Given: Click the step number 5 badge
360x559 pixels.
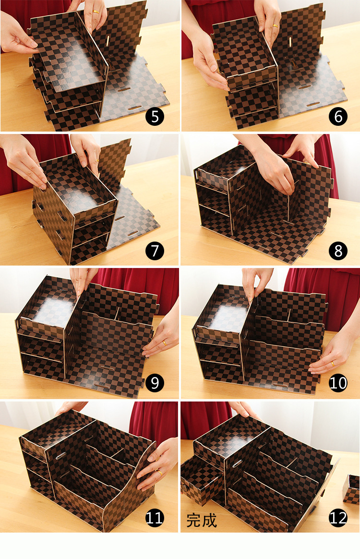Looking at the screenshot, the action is coord(155,117).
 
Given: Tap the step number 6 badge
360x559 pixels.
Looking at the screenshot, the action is coord(337,117).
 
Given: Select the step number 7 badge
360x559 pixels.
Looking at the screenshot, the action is coord(155,251).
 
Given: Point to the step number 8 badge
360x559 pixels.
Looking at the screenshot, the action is coord(337,251).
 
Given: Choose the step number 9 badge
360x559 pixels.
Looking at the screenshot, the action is coord(155,383).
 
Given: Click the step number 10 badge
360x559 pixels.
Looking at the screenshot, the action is coord(337,383).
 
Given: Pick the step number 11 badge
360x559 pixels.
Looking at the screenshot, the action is coord(155,518).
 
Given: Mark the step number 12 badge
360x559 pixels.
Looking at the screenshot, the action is coord(337,518).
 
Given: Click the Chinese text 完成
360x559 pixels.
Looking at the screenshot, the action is coord(202,521).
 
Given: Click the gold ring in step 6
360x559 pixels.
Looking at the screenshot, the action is coord(275,25).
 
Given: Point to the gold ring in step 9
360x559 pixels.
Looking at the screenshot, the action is coord(164,343).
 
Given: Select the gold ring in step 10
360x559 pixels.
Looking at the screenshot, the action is coord(332,364).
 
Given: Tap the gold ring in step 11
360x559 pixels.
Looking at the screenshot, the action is coord(159,473).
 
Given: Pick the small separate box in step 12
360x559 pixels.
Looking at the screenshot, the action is coord(351,489).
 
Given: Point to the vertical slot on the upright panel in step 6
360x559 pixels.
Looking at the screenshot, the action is coord(290,41).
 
